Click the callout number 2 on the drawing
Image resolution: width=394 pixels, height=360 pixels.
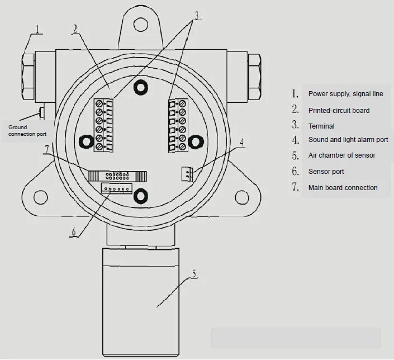coord(75,29)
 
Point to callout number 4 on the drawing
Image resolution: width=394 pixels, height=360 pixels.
coord(241,143)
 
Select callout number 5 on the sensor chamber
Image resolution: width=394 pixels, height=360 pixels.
coord(193,274)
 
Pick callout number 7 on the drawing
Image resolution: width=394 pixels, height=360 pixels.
coord(48,149)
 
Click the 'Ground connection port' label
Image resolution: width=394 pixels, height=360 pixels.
coord(27,131)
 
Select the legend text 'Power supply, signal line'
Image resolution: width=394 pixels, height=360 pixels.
coord(345,94)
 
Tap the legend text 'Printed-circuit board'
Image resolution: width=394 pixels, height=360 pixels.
coord(339,111)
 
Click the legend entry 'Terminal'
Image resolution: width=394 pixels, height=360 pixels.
coord(321,126)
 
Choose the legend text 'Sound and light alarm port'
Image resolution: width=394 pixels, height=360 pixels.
coord(348,140)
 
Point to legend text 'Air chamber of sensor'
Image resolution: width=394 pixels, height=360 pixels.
coord(341,155)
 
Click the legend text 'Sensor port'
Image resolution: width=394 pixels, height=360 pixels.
coord(326,172)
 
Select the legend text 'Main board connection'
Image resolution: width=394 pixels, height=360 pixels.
coord(343,188)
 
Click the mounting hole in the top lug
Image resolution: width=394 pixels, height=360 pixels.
coord(139,22)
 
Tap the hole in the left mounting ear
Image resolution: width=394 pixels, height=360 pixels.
coord(40,196)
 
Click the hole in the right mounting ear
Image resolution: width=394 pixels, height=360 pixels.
coord(241,196)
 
